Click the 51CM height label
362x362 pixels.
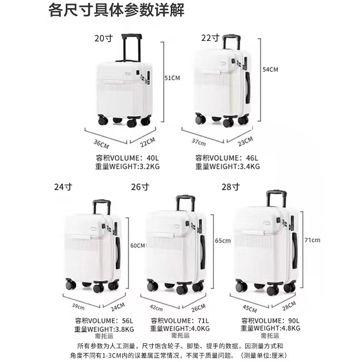[x=172, y=78]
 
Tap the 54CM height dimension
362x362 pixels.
[x=270, y=69]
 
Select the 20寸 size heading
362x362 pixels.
[x=104, y=38]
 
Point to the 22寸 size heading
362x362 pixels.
[x=210, y=38]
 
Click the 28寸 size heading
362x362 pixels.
[x=231, y=187]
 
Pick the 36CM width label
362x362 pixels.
[x=101, y=144]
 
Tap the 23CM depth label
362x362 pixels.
[x=245, y=141]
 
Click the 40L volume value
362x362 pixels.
[x=152, y=158]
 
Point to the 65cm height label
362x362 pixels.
[x=223, y=241]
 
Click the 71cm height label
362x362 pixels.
[x=312, y=240]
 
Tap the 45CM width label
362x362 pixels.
[x=250, y=309]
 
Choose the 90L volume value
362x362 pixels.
[x=294, y=321]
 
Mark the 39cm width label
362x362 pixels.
[x=78, y=307]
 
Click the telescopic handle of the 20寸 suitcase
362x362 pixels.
[x=131, y=48]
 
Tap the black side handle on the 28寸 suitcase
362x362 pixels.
[x=295, y=251]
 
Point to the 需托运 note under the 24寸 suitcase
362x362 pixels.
[x=104, y=336]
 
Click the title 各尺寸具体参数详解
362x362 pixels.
[x=116, y=10]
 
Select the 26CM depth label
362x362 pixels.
[x=198, y=308]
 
